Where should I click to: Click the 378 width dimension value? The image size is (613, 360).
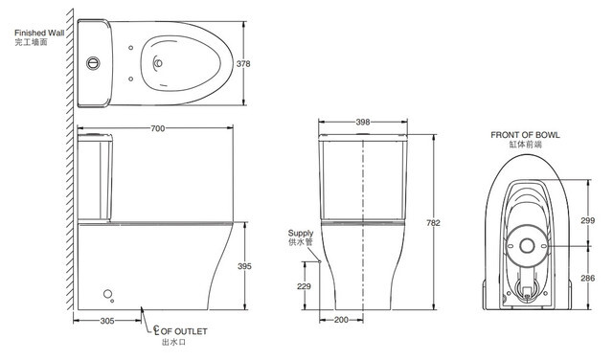click(x=243, y=64)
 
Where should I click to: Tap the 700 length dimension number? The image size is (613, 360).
click(x=157, y=128)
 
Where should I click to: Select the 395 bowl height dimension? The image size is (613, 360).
click(x=245, y=266)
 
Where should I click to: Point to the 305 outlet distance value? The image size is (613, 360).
click(x=107, y=321)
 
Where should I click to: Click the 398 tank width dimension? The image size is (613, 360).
click(x=363, y=122)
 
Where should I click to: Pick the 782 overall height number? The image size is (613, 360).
click(x=433, y=223)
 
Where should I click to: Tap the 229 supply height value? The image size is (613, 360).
click(x=304, y=286)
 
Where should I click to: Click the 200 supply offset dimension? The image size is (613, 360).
click(x=341, y=320)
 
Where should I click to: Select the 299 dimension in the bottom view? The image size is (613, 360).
click(x=587, y=220)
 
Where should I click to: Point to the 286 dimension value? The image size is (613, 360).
click(x=587, y=278)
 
